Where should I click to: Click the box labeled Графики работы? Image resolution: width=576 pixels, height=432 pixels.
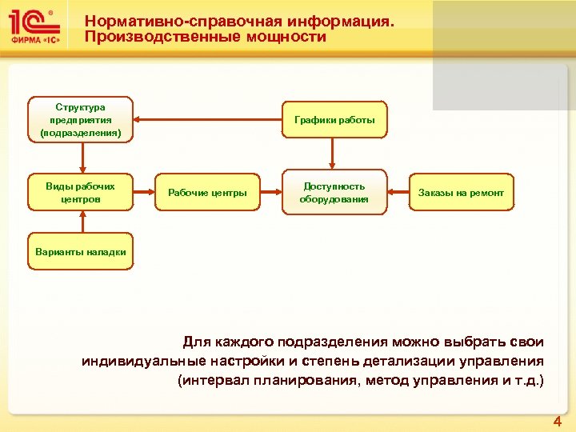[334, 120]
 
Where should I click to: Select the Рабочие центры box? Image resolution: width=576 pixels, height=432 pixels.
[207, 193]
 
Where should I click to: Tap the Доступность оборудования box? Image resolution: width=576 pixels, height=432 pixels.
[334, 193]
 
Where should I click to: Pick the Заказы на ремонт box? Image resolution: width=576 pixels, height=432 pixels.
[461, 193]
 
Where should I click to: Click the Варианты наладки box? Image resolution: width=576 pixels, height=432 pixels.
[81, 252]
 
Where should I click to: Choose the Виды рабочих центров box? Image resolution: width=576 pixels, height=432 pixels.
[81, 193]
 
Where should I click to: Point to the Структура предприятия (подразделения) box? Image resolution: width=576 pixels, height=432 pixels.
[81, 120]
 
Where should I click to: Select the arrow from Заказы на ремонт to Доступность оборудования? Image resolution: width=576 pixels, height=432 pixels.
[398, 193]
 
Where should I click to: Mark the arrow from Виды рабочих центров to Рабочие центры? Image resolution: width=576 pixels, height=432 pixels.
[144, 193]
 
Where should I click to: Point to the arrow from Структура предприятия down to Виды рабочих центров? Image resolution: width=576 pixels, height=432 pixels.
[81, 157]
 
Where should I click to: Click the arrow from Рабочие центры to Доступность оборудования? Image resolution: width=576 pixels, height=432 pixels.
[270, 193]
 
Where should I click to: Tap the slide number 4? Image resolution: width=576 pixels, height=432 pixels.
[558, 422]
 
